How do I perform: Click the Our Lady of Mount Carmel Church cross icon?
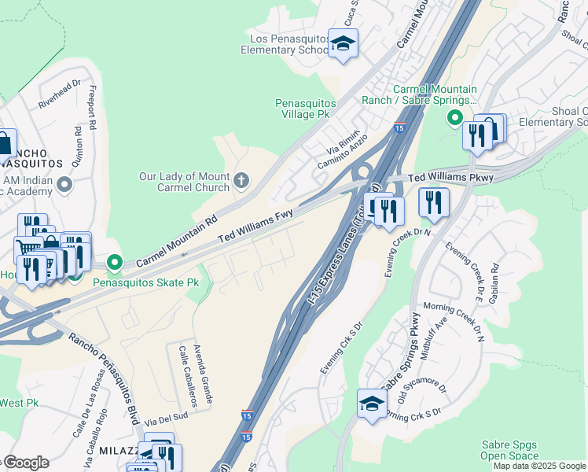241,182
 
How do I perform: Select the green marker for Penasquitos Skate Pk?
115,262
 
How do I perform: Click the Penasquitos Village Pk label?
305,109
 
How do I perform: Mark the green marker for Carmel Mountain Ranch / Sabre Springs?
454,119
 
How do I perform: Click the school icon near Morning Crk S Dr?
372,404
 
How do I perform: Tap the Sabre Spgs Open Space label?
509,450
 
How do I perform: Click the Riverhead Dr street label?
59,94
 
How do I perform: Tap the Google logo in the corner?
25,463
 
